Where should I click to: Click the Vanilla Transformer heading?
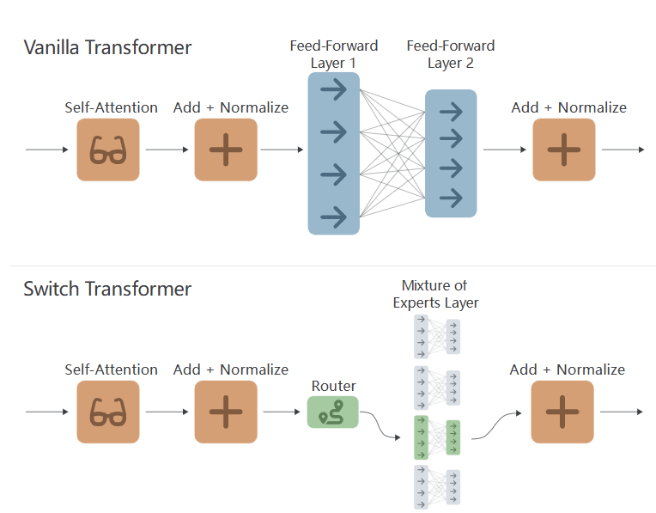pos(107,46)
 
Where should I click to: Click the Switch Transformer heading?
pos(107,289)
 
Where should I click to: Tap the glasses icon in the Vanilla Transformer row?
pos(108,150)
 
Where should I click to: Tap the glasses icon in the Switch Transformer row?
pos(108,412)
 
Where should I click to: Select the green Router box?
pos(332,412)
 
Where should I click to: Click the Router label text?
pos(333,387)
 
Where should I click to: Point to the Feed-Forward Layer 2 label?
pos(451,53)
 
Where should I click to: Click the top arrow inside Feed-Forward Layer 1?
pos(333,89)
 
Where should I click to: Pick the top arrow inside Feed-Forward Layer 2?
pos(451,112)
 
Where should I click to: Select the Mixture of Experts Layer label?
pos(435,294)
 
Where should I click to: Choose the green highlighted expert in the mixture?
pos(438,437)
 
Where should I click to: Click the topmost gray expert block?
pos(438,335)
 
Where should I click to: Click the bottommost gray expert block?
pos(438,488)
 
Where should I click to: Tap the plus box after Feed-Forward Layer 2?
pos(564,150)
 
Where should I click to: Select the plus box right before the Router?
pos(226,412)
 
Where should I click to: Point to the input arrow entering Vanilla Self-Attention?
pos(47,150)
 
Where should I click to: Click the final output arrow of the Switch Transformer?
pos(623,412)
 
